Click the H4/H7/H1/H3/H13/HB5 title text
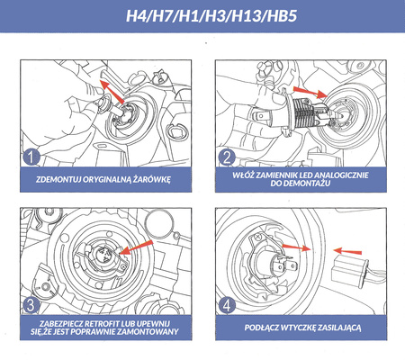pos(211,15)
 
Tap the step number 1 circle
pos(31,157)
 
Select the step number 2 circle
pos(227,157)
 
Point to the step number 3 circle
pos(31,305)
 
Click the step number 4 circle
pos(227,305)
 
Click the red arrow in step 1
pos(112,92)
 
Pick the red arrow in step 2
pos(310,92)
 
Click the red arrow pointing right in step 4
pos(297,247)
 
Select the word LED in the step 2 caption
pos(307,175)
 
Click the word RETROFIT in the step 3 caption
pos(102,324)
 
